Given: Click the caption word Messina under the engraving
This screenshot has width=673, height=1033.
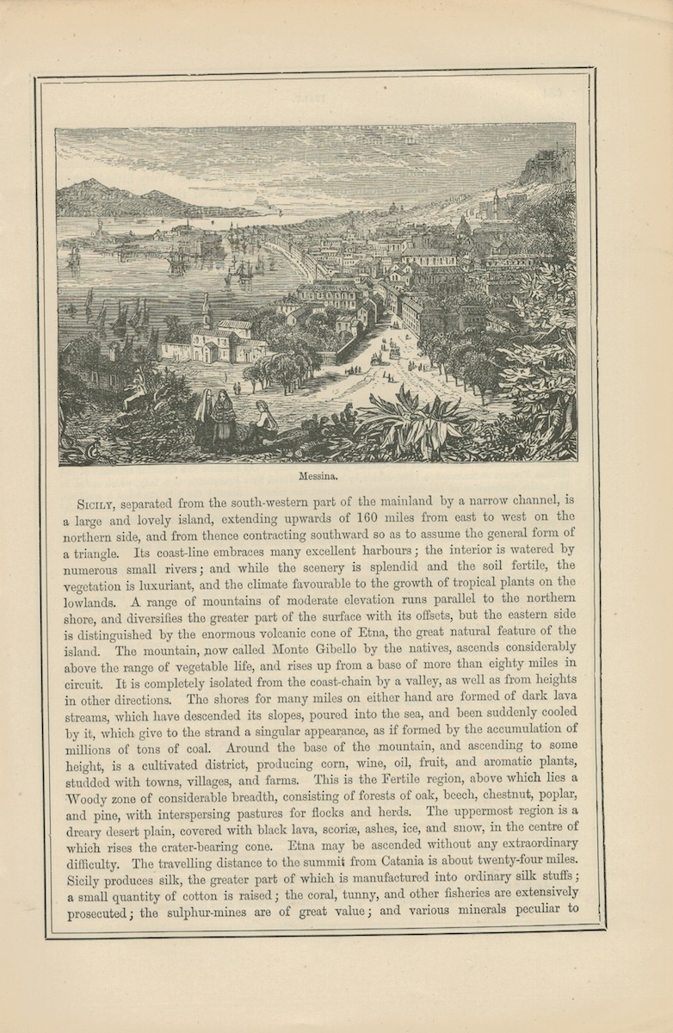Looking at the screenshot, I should tap(316, 473).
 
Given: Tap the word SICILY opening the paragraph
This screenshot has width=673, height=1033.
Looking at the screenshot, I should tap(95, 503).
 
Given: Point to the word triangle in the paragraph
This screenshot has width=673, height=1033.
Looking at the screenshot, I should tap(95, 551).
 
